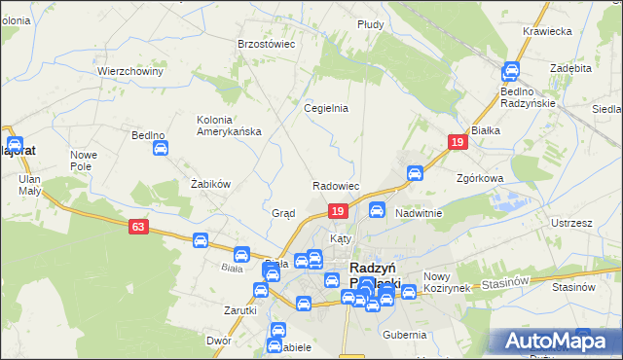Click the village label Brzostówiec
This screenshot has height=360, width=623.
(x=266, y=44)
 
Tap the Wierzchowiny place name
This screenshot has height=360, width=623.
(x=128, y=71)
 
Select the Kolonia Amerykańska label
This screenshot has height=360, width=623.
(x=229, y=126)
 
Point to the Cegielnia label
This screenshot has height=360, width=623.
(x=326, y=108)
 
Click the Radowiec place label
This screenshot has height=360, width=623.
(x=337, y=186)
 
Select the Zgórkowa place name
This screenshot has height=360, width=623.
(x=480, y=179)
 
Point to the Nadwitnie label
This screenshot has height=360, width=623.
(x=419, y=213)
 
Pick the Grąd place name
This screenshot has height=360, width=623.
(x=283, y=213)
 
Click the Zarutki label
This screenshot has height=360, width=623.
(x=239, y=310)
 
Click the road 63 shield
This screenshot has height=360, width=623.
(x=139, y=227)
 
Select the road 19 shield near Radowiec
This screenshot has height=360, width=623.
(x=337, y=211)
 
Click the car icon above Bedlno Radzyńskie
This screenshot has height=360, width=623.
(x=511, y=71)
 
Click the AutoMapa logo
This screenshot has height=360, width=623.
(x=555, y=340)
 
